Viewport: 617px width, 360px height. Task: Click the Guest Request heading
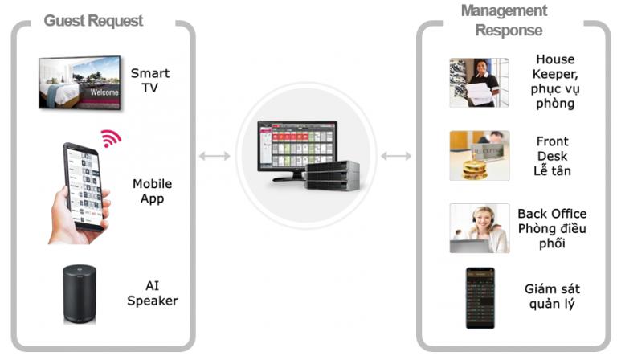point(93,20)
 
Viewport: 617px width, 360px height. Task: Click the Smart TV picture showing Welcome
point(79,81)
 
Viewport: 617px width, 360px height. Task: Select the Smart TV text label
point(150,80)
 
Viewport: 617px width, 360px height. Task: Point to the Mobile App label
point(153,191)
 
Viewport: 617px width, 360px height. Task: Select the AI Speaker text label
point(152,293)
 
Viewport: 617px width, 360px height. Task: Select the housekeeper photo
point(479,81)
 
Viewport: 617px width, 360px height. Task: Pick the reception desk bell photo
point(479,155)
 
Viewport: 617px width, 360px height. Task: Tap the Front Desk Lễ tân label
point(552,155)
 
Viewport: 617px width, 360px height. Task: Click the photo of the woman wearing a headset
point(479,228)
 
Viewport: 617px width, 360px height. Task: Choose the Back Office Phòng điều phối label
point(552,228)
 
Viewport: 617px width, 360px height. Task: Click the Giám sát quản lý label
point(552,296)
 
